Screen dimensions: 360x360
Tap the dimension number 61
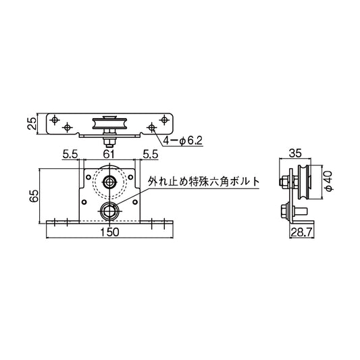107,155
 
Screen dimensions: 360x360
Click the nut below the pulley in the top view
108,140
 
